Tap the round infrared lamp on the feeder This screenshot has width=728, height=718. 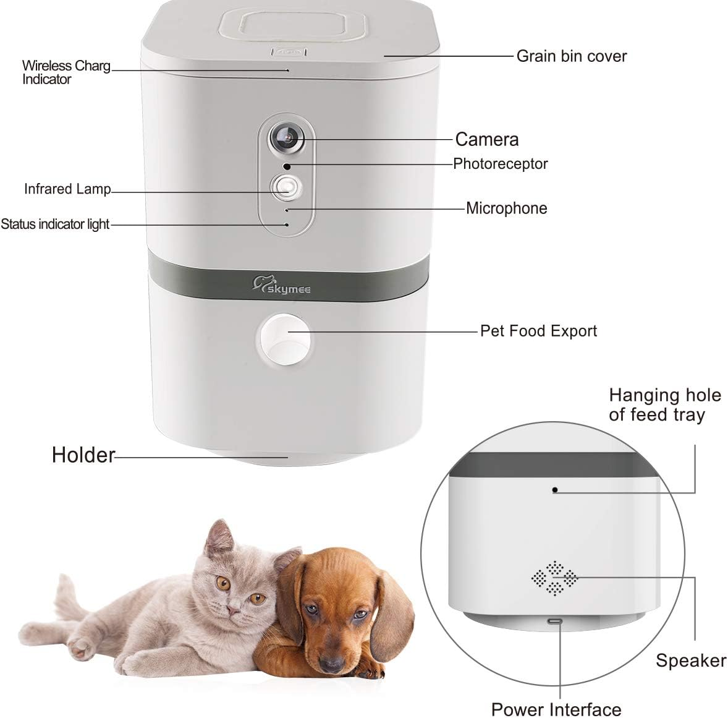(x=285, y=186)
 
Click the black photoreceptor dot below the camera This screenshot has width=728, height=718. (x=286, y=166)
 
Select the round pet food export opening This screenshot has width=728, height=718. (x=284, y=339)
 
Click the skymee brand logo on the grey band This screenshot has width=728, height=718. (x=282, y=286)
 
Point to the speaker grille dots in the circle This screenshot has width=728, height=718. (x=554, y=578)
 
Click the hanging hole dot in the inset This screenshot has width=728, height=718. (x=555, y=490)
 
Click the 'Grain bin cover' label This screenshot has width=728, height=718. (x=571, y=56)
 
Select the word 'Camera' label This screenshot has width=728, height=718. (x=486, y=139)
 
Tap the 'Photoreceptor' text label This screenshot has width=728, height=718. (x=500, y=164)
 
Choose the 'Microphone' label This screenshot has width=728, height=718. (x=506, y=208)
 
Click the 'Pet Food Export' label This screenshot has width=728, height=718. (x=538, y=331)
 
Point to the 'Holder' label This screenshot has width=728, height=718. (x=83, y=455)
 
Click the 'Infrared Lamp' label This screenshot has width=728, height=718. (x=67, y=189)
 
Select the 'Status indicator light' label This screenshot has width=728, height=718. (x=55, y=224)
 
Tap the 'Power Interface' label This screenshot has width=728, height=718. (x=556, y=709)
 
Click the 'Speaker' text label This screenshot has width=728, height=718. (x=690, y=660)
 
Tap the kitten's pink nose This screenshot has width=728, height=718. (x=232, y=610)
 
